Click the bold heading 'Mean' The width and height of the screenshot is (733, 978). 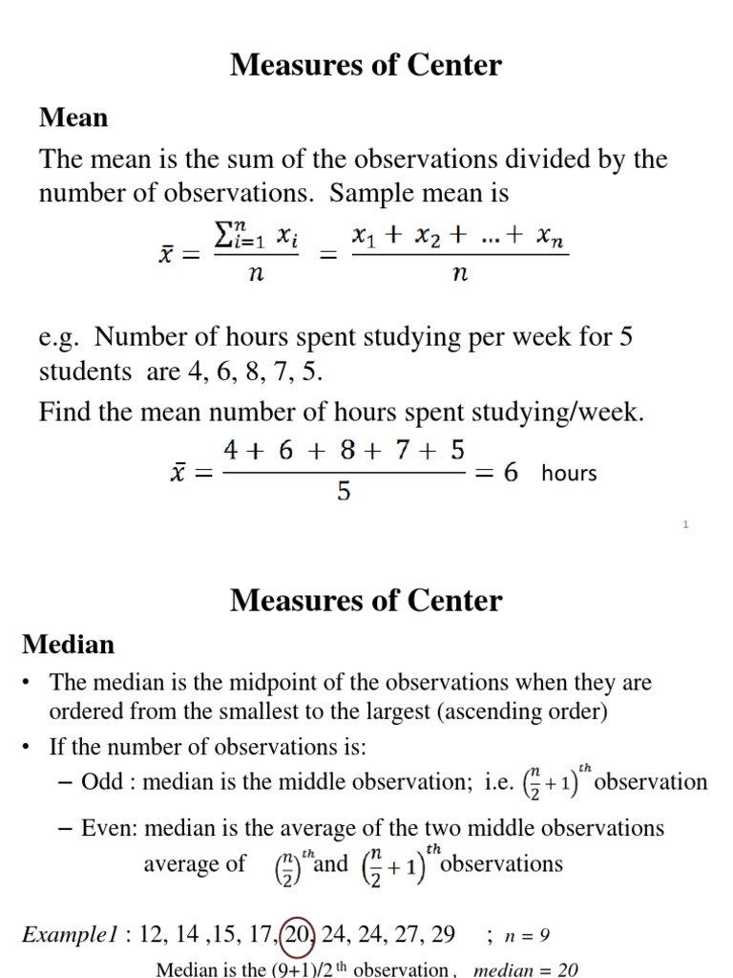point(73,117)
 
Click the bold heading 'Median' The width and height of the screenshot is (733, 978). point(68,645)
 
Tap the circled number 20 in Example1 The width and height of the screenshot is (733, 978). point(298,933)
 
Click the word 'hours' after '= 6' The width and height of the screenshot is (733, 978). point(569,473)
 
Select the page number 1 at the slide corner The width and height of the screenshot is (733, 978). point(686,524)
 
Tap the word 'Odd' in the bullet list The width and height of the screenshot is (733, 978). point(102,782)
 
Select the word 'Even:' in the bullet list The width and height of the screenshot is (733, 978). point(114,827)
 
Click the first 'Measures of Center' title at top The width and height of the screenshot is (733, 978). point(366,65)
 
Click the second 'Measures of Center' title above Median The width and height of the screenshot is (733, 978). point(366,601)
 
